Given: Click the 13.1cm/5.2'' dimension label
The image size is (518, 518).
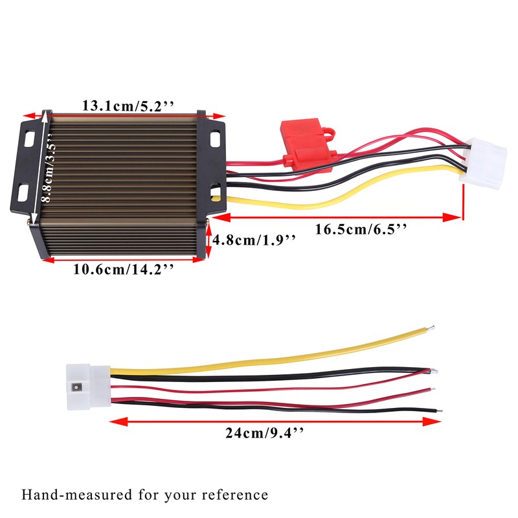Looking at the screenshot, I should coord(127,106).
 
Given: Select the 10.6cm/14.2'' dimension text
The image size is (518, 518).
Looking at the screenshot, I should coord(124,269).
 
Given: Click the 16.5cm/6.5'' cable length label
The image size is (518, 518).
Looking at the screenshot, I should coord(361,229).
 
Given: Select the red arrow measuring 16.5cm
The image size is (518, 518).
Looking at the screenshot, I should coord(337,218).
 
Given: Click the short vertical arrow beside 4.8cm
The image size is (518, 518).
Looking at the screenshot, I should coord(208,240).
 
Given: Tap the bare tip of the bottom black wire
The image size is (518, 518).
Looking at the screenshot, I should coord(440,410).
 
